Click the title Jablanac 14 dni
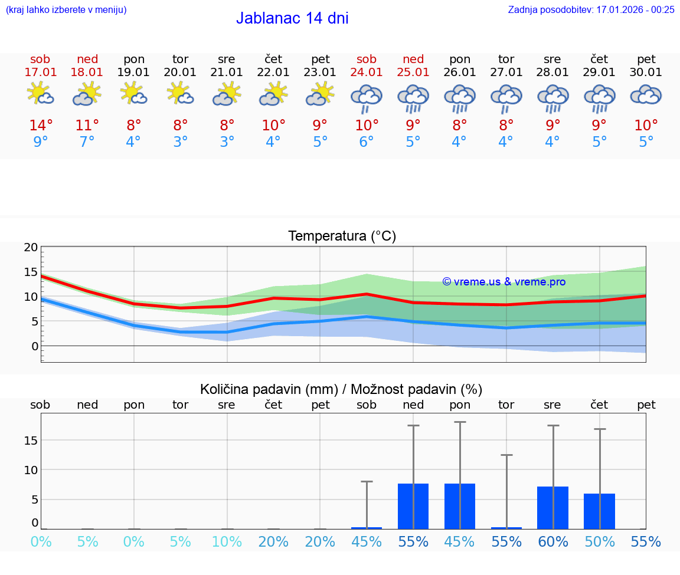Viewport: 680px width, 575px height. click(x=292, y=18)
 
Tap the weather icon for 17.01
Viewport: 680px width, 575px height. click(x=40, y=94)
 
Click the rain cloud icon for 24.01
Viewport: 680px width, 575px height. click(x=366, y=97)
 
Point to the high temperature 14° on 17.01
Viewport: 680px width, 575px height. click(x=41, y=126)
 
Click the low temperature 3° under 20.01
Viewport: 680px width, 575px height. click(x=180, y=142)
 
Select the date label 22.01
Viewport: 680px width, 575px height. click(x=273, y=73)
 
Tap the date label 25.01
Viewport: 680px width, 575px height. click(x=413, y=73)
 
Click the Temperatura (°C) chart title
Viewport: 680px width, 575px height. click(x=342, y=236)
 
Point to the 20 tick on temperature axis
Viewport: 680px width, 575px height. click(x=31, y=248)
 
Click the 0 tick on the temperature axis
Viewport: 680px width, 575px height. click(x=34, y=346)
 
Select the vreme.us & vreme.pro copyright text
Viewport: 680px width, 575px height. click(x=504, y=282)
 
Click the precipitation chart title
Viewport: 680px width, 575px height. click(x=341, y=389)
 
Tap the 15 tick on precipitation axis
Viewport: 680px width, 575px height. click(x=31, y=441)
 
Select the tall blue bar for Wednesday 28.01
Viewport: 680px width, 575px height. click(x=552, y=508)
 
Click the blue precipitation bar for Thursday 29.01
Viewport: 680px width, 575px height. click(x=599, y=511)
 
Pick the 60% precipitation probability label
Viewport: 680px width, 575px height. click(x=553, y=541)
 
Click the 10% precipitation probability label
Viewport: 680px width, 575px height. click(x=227, y=541)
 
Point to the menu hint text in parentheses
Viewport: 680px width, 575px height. click(x=66, y=9)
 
